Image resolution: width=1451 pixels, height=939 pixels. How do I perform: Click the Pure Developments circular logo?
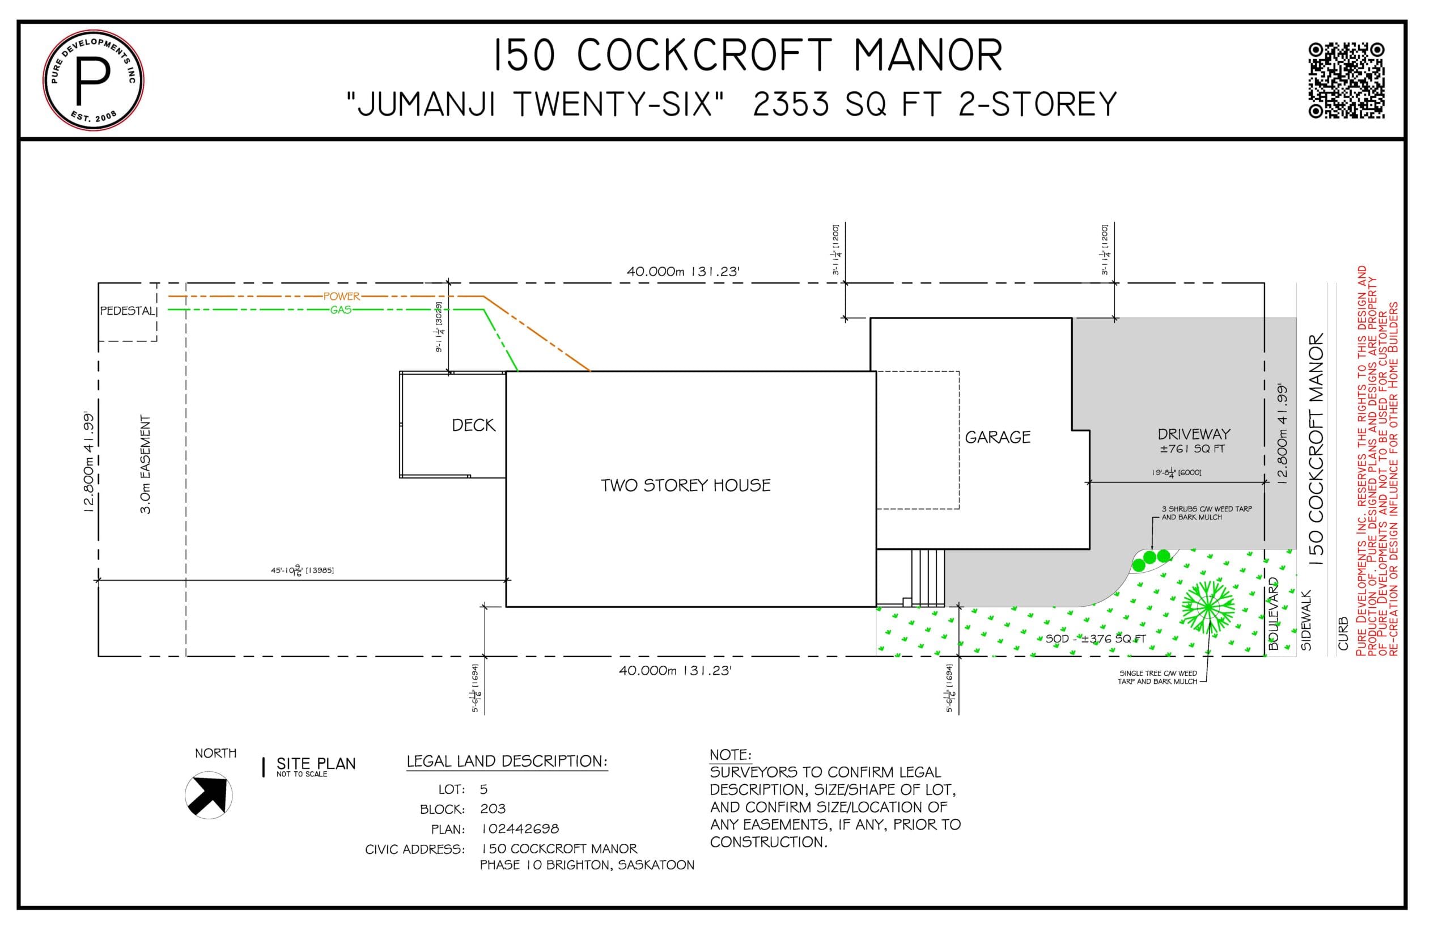(x=94, y=80)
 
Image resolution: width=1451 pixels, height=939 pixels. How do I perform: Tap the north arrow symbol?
(x=209, y=794)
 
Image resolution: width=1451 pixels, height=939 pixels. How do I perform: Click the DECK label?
(x=473, y=425)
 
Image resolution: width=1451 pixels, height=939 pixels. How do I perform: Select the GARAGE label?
(x=998, y=437)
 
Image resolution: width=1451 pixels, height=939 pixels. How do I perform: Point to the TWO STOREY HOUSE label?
(x=686, y=485)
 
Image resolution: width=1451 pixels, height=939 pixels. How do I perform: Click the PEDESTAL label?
(x=128, y=311)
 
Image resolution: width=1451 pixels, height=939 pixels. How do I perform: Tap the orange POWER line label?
(x=341, y=297)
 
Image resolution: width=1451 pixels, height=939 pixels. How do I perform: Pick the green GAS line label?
(x=341, y=310)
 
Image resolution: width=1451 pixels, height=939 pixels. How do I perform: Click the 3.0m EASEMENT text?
(x=146, y=464)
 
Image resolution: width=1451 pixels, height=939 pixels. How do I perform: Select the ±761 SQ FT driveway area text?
(x=1192, y=449)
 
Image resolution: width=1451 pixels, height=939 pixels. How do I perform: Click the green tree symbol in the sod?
(x=1207, y=607)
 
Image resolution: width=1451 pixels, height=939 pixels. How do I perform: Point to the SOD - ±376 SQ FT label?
(x=1096, y=639)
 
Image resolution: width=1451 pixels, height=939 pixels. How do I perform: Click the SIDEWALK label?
(x=1306, y=620)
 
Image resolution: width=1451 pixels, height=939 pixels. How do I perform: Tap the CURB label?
(x=1343, y=633)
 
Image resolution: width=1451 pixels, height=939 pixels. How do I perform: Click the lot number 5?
(x=483, y=790)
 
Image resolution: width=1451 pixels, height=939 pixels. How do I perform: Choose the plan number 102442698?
(x=520, y=829)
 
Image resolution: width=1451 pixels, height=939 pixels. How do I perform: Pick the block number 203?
(x=493, y=809)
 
